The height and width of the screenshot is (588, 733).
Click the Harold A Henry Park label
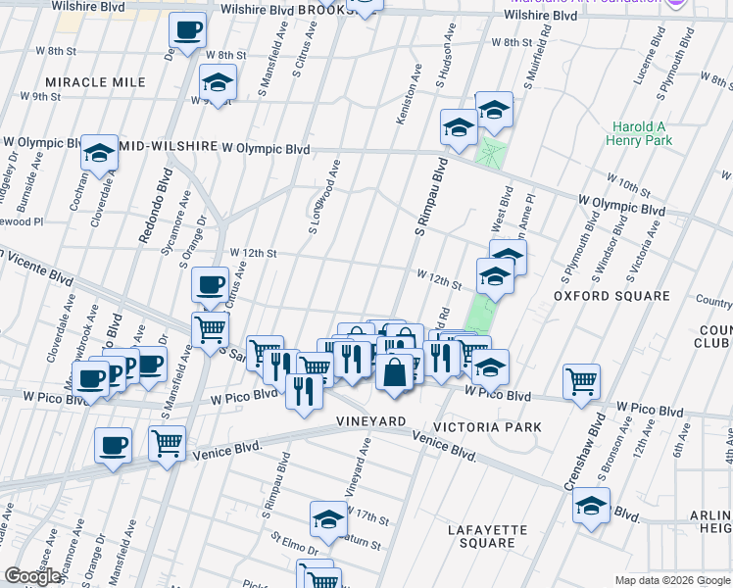tap(643, 134)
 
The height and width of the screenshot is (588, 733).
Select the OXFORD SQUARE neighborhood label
tap(597, 294)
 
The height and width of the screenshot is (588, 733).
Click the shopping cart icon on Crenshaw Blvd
tap(582, 381)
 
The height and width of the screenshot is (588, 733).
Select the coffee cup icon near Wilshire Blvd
tap(187, 29)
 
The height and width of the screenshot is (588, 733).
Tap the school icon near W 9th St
tap(218, 82)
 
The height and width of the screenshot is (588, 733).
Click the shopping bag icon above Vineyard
tap(394, 372)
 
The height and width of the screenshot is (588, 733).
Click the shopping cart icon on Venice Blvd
tap(168, 442)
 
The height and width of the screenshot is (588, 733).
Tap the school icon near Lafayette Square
tap(592, 505)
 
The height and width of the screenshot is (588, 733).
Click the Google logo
tap(32, 577)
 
